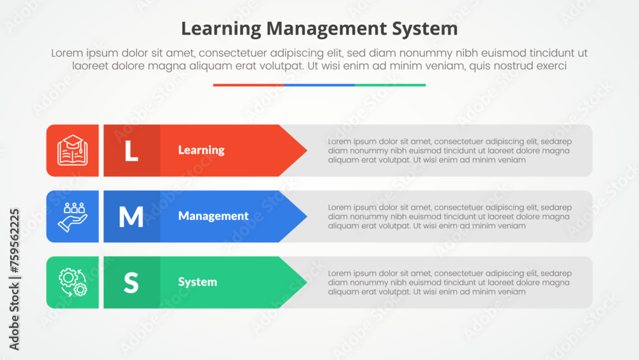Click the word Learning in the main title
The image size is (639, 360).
221,29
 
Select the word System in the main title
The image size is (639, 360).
425,29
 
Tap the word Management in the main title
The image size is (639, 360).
327,29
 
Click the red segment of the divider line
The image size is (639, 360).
249,85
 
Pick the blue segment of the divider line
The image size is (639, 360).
319,85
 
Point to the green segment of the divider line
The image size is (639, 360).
390,85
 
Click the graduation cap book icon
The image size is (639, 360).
73,150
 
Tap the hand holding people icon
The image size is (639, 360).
73,217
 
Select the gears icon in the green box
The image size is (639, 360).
73,282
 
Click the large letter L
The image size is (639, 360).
131,151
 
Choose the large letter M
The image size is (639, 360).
131,217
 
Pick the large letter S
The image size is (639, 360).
131,283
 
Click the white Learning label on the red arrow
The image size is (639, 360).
201,150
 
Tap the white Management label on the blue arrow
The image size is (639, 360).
213,215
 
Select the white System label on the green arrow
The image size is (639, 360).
197,282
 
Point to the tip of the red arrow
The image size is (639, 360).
307,150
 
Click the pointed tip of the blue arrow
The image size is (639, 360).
307,217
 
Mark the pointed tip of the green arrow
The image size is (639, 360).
307,282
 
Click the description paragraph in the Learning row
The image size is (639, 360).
450,151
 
